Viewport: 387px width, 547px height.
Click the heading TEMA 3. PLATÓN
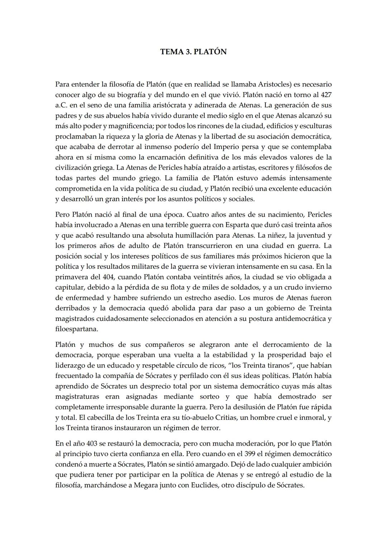[193, 52]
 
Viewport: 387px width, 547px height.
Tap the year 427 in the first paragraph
[325, 95]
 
